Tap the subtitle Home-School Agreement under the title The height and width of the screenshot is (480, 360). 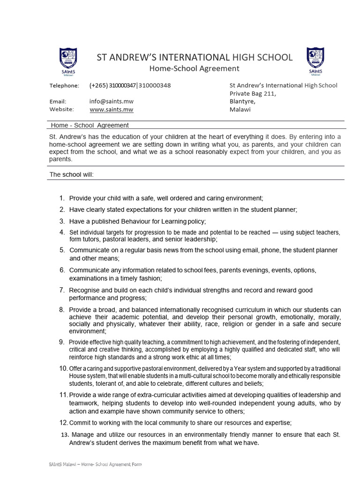(x=194, y=69)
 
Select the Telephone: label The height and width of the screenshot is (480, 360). (x=64, y=85)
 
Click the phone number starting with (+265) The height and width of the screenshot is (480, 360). (x=130, y=85)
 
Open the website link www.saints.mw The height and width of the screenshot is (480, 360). (x=112, y=109)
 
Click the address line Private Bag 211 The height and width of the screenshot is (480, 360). (x=253, y=93)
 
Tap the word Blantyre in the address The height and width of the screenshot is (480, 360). (x=242, y=101)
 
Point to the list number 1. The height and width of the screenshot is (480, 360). (x=62, y=198)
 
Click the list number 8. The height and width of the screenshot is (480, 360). (x=62, y=310)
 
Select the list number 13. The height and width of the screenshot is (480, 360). (x=65, y=435)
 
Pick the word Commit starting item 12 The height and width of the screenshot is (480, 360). (x=80, y=422)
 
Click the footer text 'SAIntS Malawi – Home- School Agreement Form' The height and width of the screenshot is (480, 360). (x=95, y=464)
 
